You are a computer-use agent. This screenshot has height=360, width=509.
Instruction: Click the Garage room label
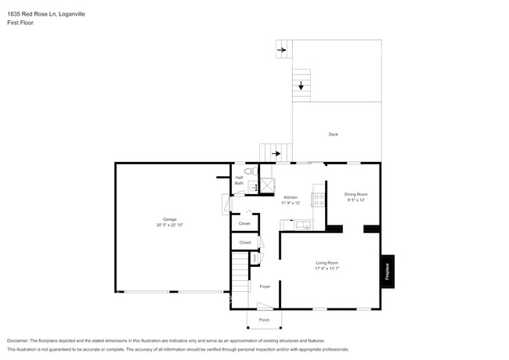[169, 218]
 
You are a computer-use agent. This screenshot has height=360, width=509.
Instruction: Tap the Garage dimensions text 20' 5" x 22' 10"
[169, 225]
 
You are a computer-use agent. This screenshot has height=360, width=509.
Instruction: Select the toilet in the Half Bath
[248, 171]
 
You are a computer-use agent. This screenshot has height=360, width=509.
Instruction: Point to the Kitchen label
[291, 197]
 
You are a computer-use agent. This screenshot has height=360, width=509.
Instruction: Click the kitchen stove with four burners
[318, 199]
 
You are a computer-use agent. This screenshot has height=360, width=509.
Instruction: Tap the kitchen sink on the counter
[303, 226]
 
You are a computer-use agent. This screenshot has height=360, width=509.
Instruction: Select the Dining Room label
[356, 193]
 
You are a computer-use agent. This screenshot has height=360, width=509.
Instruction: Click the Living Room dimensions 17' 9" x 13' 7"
[327, 268]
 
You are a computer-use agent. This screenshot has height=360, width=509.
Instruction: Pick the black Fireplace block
[386, 271]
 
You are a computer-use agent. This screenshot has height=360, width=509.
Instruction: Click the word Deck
[334, 135]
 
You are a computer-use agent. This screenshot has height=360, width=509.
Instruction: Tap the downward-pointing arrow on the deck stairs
[301, 85]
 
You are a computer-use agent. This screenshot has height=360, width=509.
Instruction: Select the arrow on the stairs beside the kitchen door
[276, 153]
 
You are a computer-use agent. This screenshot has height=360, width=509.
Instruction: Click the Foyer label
[264, 286]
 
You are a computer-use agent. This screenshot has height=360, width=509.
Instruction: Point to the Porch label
[263, 320]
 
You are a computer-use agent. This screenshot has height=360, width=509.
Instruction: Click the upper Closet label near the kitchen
[245, 224]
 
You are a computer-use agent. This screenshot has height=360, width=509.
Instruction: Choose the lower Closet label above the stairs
[245, 243]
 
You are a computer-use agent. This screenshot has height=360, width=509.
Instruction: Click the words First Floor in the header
[20, 23]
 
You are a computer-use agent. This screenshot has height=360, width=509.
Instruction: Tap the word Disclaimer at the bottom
[21, 341]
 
